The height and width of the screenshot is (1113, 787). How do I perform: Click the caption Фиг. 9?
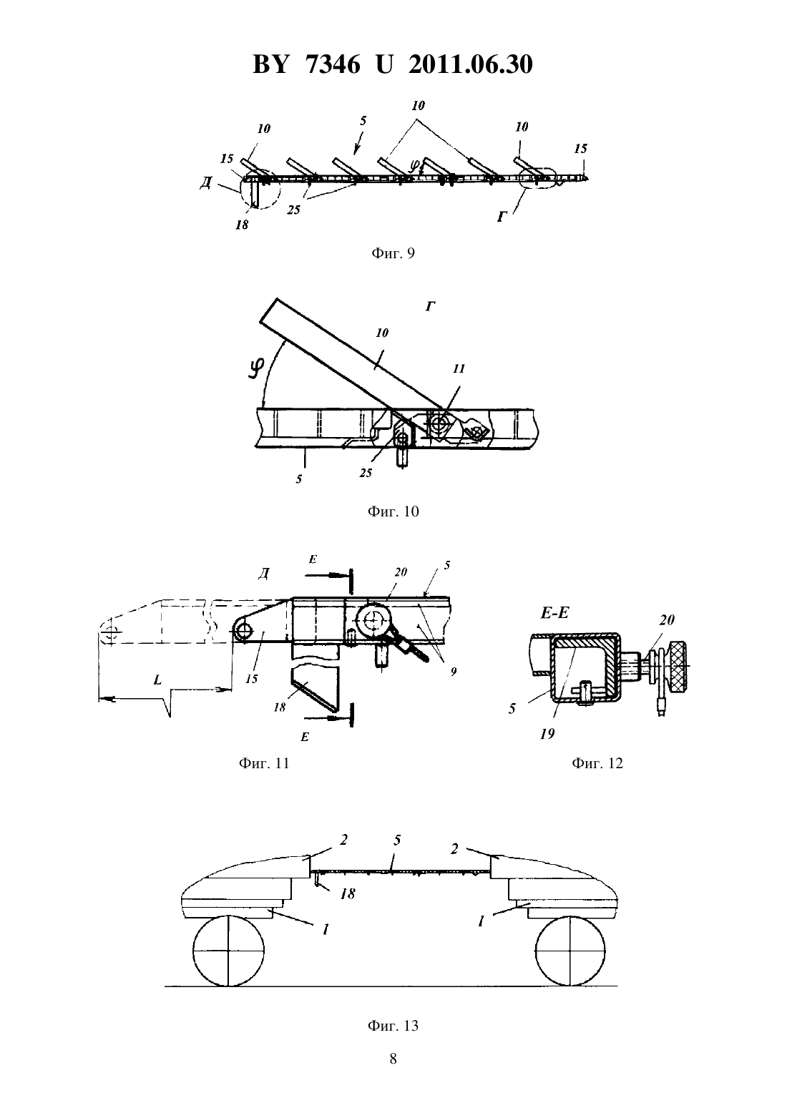pos(393,253)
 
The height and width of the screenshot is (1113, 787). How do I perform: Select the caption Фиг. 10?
pos(393,511)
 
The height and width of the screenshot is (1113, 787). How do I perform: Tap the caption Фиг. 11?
pos(264,763)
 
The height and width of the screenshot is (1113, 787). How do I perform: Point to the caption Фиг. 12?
pos(597,763)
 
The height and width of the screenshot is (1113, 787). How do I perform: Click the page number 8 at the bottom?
pos(393,1059)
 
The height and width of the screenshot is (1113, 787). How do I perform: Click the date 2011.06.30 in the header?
pos(471,64)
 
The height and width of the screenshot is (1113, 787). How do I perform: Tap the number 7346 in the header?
pos(333,64)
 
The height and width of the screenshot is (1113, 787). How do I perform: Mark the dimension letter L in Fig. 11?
pos(157,680)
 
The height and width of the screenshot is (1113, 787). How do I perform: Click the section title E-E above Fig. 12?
pos(554,613)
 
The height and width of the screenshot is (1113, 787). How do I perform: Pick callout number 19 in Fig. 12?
pos(547,734)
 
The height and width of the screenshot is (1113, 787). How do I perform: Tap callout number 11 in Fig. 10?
pos(459,368)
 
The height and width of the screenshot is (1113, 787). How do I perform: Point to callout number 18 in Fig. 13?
pos(348,894)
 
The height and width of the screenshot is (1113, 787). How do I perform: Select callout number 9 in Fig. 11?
pos(453,672)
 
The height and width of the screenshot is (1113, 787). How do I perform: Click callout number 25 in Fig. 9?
pos(293,210)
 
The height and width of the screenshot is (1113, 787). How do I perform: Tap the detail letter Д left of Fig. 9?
pos(206,183)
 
